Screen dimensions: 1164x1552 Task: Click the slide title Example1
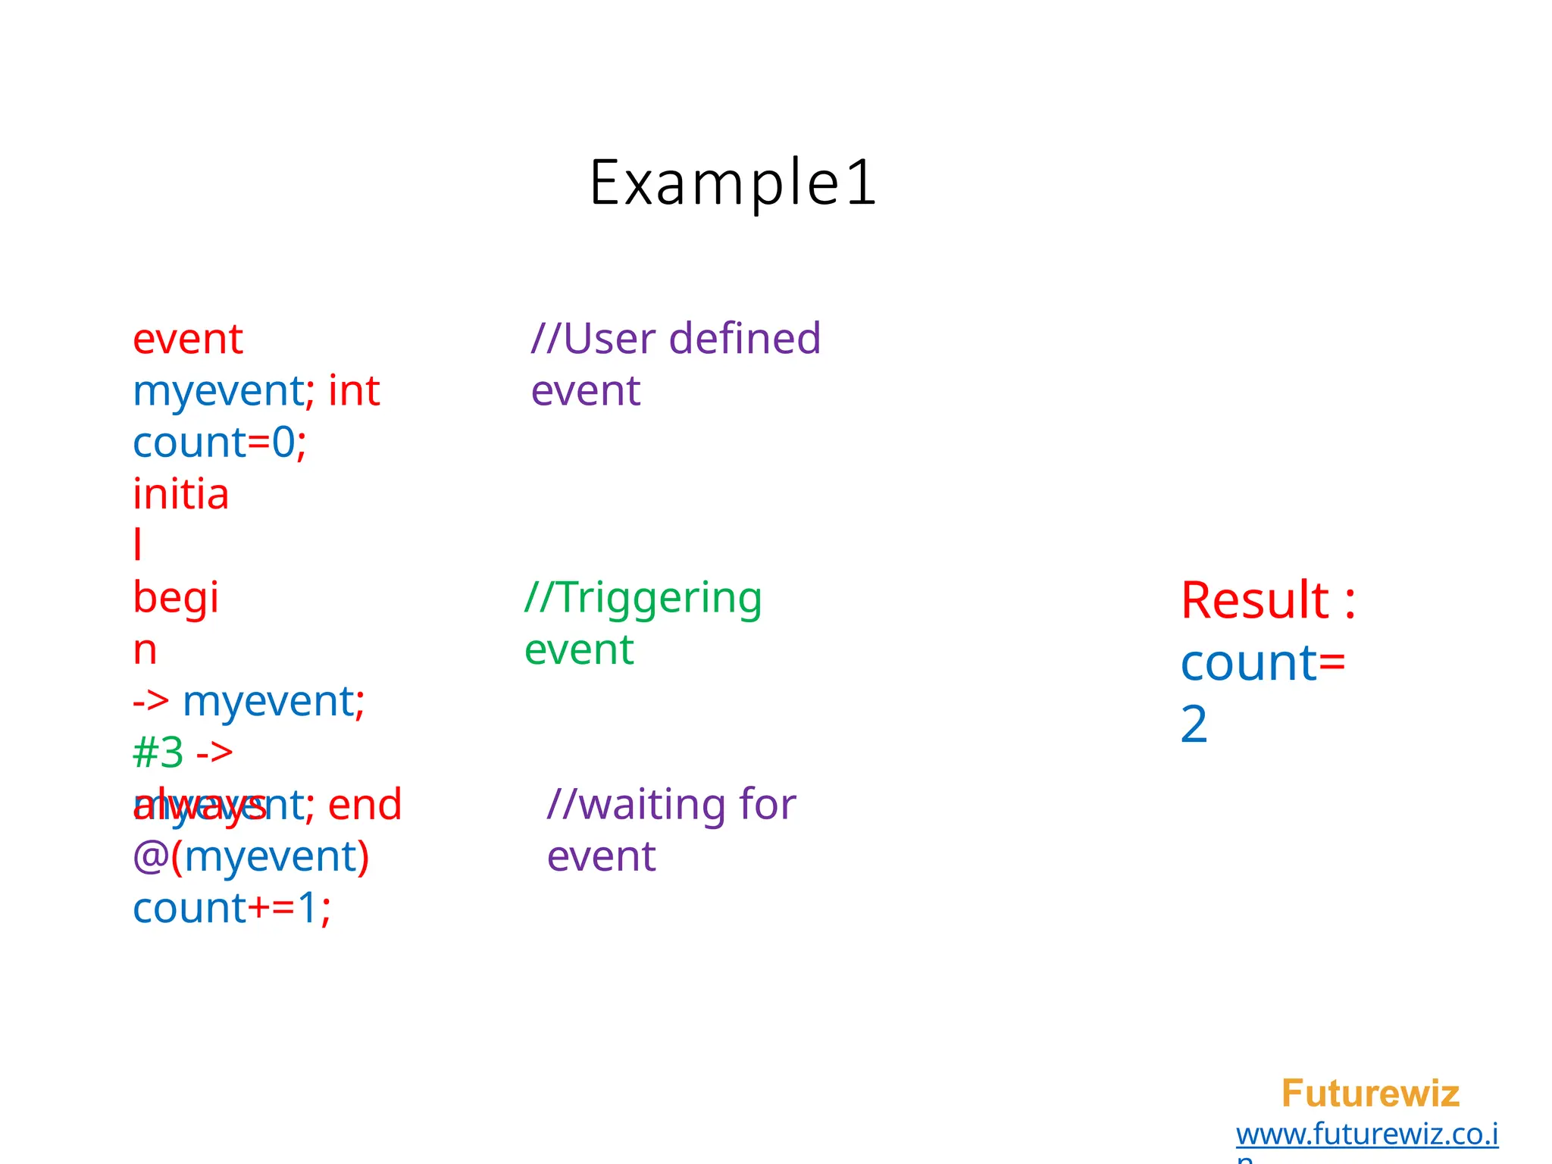point(733,183)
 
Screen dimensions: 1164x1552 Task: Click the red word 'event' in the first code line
point(187,339)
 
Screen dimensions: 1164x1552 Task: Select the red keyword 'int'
point(354,391)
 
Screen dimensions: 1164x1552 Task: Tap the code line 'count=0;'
point(219,443)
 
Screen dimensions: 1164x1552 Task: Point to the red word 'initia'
point(180,494)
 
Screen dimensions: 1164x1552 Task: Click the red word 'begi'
point(176,598)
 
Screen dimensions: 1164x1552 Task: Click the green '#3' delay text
point(158,753)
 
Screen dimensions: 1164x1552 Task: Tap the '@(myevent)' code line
point(251,856)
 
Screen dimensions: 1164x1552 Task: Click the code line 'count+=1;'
point(232,908)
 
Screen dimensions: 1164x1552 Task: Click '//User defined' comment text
point(675,339)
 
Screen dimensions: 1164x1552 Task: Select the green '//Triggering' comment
point(643,598)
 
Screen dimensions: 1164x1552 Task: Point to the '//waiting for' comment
point(671,804)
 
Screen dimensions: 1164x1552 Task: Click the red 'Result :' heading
point(1268,600)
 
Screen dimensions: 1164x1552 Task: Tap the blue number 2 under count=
point(1194,724)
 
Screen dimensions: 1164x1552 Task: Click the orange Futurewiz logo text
point(1369,1094)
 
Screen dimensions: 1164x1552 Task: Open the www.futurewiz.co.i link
point(1366,1134)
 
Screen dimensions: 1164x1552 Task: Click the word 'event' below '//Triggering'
point(579,650)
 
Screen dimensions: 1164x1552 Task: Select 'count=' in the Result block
point(1263,663)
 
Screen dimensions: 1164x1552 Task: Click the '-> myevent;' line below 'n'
point(249,701)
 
